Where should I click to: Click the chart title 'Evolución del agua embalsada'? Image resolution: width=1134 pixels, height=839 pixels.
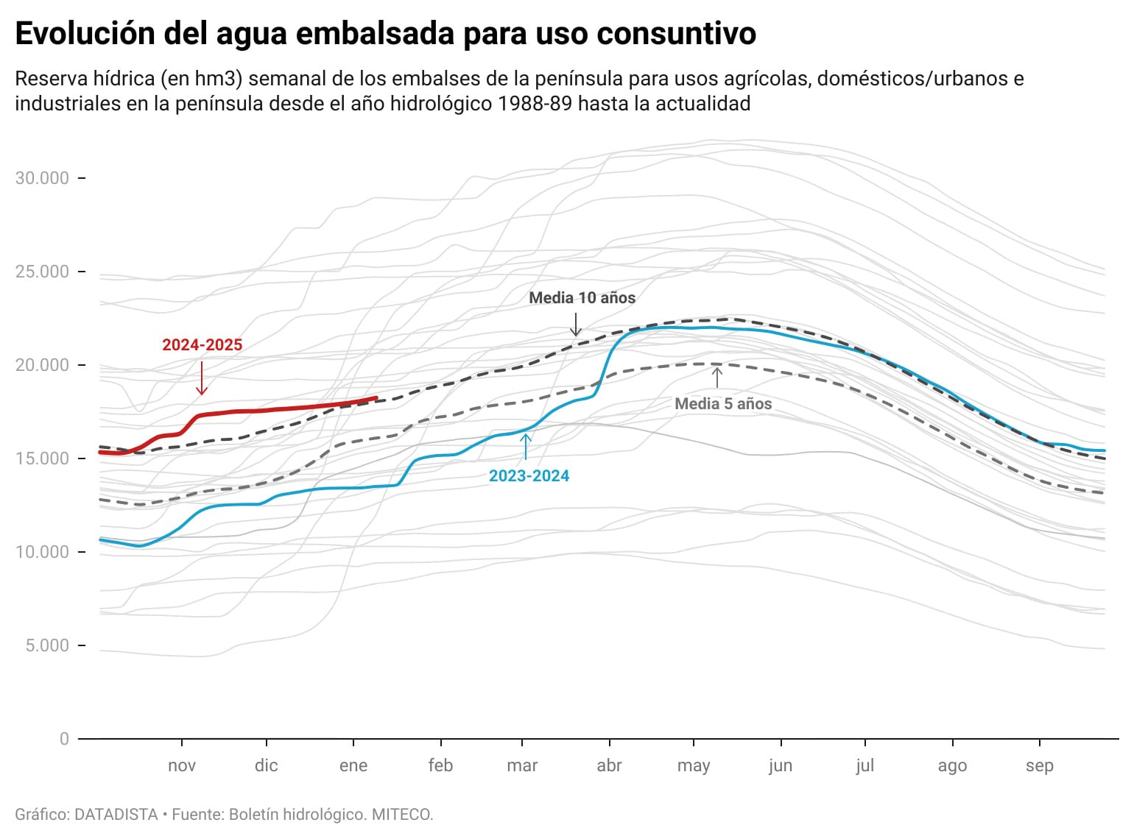click(385, 34)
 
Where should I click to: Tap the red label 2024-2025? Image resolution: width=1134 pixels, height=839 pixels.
click(202, 344)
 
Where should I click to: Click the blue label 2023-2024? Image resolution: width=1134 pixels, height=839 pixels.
click(529, 476)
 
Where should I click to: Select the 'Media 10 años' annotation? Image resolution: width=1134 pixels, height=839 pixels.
click(582, 298)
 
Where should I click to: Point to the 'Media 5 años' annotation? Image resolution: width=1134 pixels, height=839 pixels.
click(723, 403)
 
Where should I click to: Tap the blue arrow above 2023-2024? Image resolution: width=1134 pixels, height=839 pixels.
click(526, 447)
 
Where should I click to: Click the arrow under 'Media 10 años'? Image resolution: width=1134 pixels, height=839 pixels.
click(577, 324)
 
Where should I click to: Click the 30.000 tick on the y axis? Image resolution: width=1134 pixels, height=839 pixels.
click(42, 178)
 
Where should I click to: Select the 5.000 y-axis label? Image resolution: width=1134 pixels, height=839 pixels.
click(46, 645)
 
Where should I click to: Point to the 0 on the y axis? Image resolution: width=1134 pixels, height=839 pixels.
click(64, 739)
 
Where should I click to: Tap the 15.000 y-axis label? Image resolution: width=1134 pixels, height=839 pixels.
click(42, 459)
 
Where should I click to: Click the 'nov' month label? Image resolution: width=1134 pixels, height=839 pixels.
click(182, 765)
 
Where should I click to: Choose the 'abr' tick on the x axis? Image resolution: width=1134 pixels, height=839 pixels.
click(610, 765)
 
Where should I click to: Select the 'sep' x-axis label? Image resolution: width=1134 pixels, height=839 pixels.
click(1040, 765)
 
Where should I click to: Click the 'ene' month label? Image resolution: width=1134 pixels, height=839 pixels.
click(353, 765)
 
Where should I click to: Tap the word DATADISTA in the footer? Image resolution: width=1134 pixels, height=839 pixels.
click(116, 815)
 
